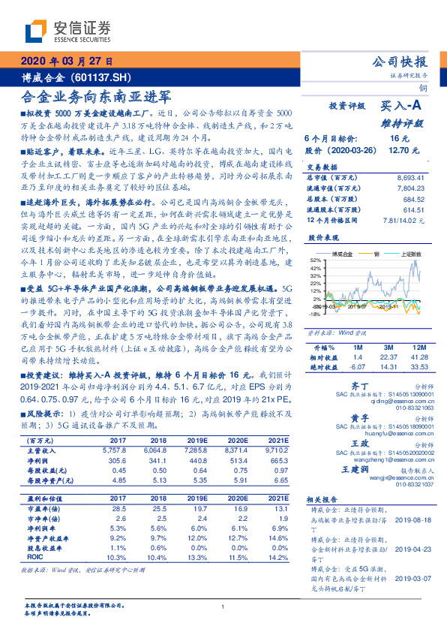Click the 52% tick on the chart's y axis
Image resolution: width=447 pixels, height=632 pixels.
tap(315, 259)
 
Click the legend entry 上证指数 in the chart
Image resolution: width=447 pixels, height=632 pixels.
tap(411, 254)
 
